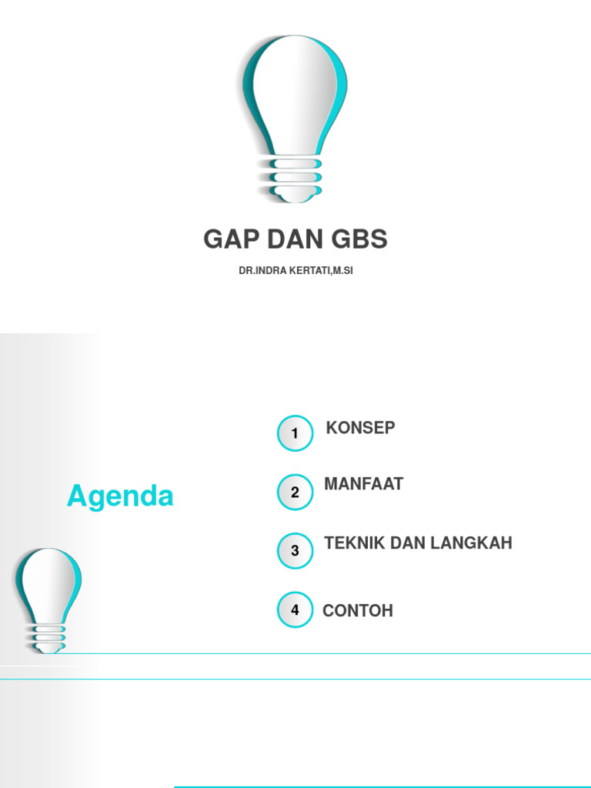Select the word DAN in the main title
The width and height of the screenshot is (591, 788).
296,240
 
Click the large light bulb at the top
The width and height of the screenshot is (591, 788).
295,100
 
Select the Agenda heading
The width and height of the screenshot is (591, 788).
120,496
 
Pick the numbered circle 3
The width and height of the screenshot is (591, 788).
295,551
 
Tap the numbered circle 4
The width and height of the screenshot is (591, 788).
295,610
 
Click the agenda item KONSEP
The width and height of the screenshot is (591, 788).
360,428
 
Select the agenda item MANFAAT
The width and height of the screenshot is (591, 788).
363,485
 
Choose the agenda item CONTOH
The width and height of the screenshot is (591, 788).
358,611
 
